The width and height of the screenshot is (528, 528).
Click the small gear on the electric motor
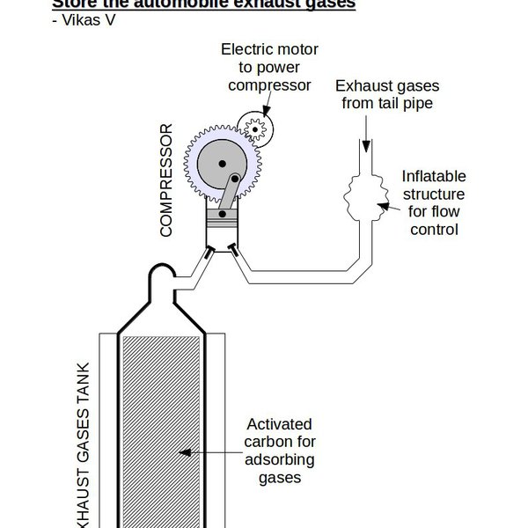pyautogui.click(x=256, y=129)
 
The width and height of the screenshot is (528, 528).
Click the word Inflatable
pyautogui.click(x=434, y=175)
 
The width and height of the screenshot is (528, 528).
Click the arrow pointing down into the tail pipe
pyautogui.click(x=365, y=132)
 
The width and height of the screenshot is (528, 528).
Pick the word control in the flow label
pyautogui.click(x=434, y=231)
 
